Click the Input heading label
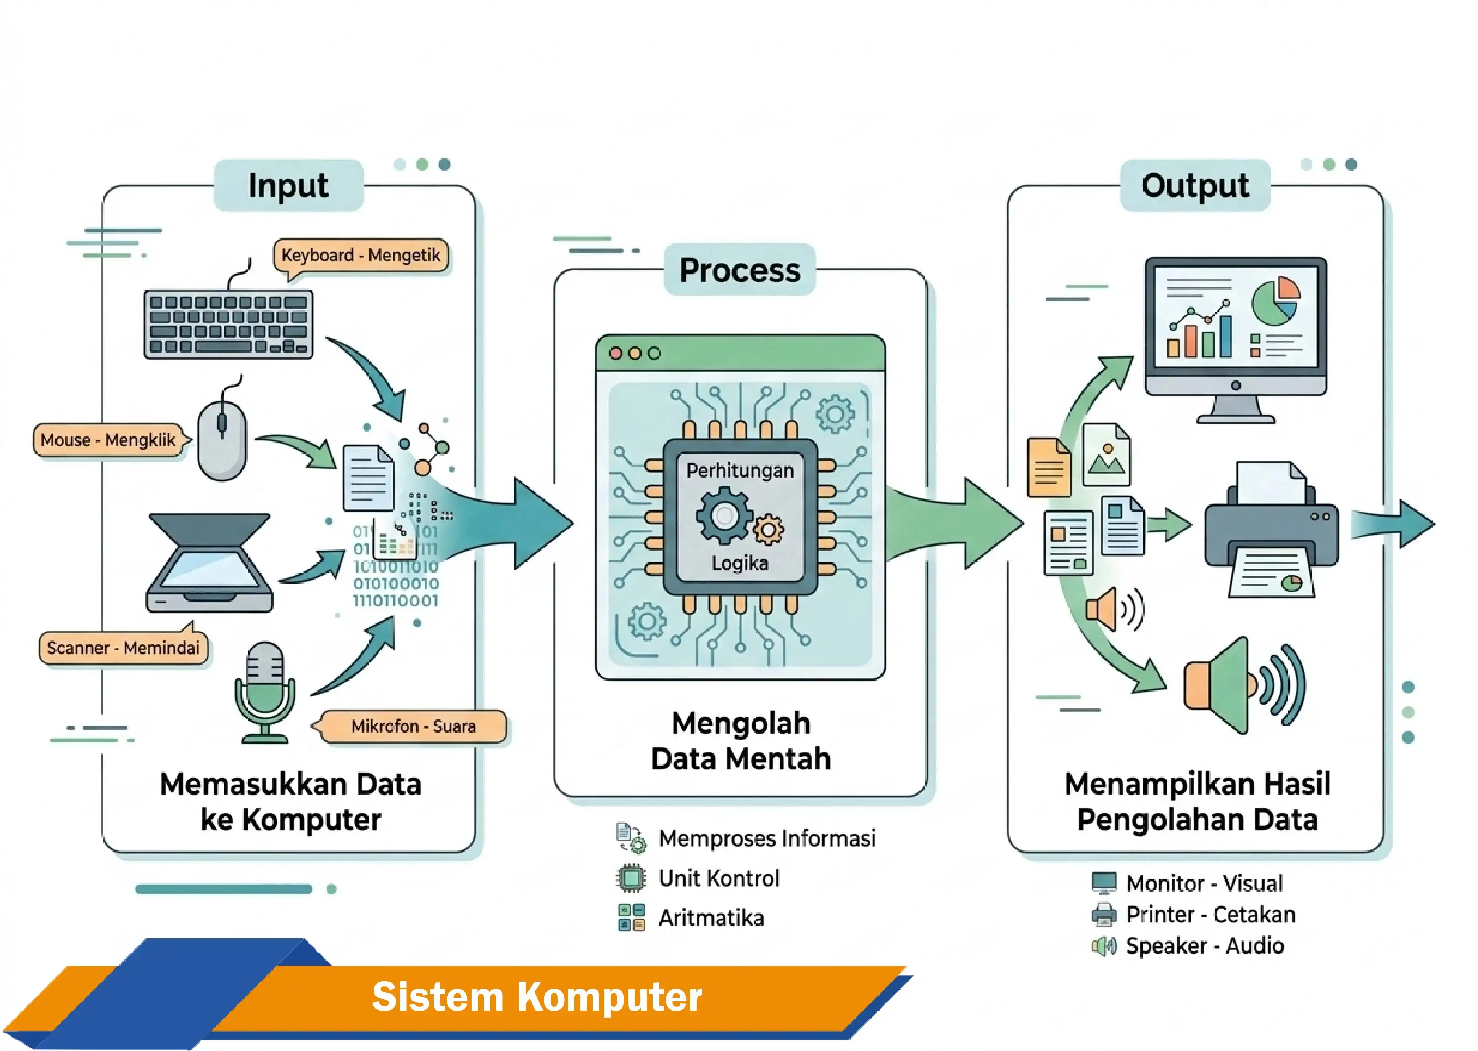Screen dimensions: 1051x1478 [x=288, y=186]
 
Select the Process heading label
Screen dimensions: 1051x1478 [x=739, y=270]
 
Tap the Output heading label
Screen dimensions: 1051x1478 [x=1195, y=186]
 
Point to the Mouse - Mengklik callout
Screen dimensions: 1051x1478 [x=108, y=440]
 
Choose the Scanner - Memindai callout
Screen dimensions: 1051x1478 [x=123, y=648]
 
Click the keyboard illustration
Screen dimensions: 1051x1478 [x=228, y=324]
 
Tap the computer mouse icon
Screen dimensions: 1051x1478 [x=222, y=440]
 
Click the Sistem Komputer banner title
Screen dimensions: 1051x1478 [x=537, y=997]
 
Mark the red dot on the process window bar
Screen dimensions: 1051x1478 [x=616, y=354]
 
